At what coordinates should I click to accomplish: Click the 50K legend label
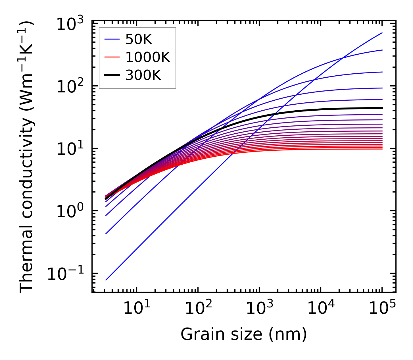click(x=139, y=40)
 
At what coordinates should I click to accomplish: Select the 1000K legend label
click(x=148, y=58)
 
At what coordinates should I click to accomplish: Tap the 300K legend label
click(x=143, y=76)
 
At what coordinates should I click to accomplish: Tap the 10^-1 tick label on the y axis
click(x=66, y=275)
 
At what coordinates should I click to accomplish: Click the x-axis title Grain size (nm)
click(x=244, y=334)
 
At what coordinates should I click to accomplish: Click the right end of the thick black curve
click(x=382, y=108)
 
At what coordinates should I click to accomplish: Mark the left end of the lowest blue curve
click(x=106, y=280)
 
